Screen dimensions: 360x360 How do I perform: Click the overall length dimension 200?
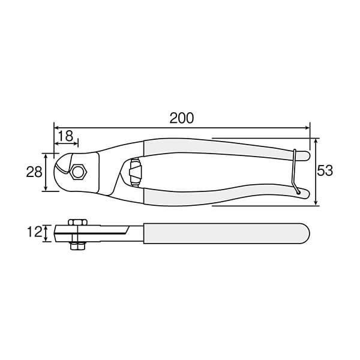click(x=181, y=118)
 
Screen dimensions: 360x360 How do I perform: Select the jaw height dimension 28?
click(x=34, y=172)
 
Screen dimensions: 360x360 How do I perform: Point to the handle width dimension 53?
click(x=325, y=170)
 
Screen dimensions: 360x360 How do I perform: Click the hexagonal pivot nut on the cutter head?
click(x=78, y=173)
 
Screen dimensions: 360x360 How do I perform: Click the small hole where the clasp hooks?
click(x=298, y=192)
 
